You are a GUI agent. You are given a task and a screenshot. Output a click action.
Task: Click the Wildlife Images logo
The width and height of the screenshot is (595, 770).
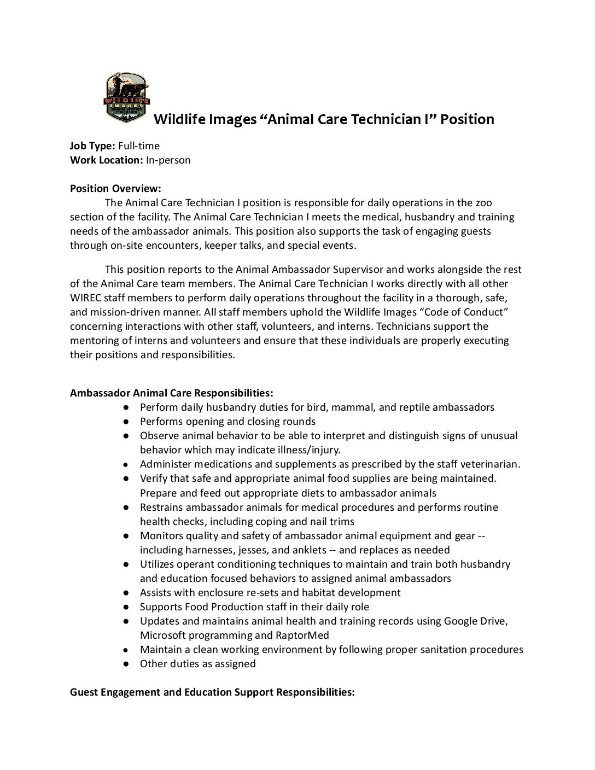tap(126, 98)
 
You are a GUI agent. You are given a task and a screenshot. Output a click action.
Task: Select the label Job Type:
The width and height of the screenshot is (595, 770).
tap(92, 145)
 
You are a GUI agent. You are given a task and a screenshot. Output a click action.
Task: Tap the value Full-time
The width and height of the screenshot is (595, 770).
tap(139, 145)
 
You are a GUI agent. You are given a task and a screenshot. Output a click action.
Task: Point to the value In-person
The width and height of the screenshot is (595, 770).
tap(168, 160)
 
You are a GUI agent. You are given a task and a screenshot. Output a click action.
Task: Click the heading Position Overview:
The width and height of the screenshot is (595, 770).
tap(115, 188)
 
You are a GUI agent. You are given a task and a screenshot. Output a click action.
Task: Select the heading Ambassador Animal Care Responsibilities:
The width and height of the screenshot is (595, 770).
tap(171, 393)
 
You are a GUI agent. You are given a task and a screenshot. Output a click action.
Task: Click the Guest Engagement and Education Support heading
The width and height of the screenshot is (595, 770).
tap(212, 692)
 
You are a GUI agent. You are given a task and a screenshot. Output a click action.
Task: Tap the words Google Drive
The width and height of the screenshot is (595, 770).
tap(476, 621)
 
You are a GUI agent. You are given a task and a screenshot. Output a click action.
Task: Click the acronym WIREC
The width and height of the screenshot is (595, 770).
tap(85, 297)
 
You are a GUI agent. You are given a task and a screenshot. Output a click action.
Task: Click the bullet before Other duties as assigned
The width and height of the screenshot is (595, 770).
tap(126, 663)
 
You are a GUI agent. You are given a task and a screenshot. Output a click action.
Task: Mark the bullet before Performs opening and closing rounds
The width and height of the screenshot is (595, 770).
tap(126, 421)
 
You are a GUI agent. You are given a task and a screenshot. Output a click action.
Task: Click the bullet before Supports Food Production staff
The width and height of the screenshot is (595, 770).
tap(126, 606)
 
